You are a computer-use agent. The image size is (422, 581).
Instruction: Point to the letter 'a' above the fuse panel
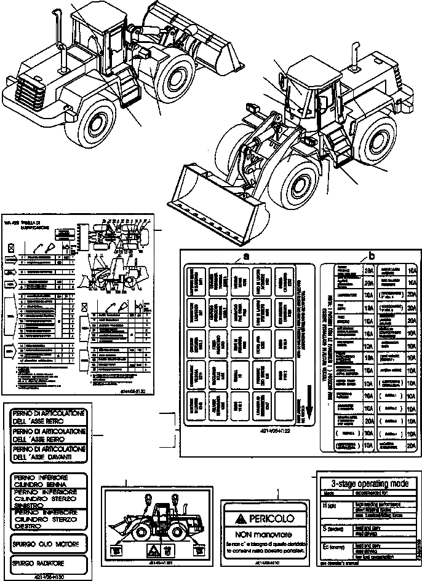pos(246,255)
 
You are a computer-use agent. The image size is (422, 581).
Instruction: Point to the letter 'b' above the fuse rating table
pos(370,255)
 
